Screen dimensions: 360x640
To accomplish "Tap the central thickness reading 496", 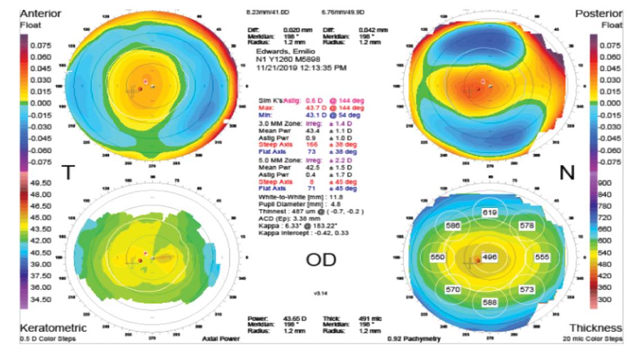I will coord(489,257).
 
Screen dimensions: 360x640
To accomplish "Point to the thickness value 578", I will coord(526,226).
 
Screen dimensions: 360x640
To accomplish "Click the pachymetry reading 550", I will coord(438,257).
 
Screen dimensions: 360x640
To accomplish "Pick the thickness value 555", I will coord(542,257).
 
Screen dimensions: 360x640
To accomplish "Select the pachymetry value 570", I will coord(452,289).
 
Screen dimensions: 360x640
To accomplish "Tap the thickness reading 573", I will coord(526,289).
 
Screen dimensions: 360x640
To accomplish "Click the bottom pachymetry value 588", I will coord(489,303).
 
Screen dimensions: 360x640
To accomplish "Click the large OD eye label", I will coord(321,259).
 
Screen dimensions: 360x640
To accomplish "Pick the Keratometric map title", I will coord(54,328).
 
